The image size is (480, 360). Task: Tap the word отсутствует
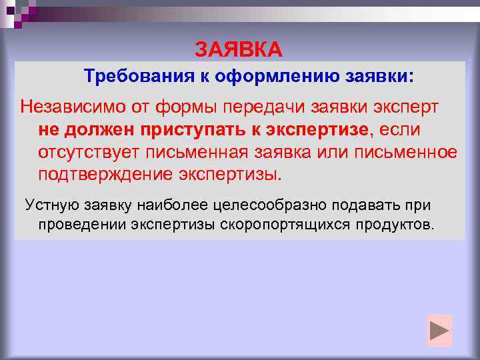84,152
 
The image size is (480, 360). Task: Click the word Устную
53,204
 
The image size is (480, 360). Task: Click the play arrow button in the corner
439,331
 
